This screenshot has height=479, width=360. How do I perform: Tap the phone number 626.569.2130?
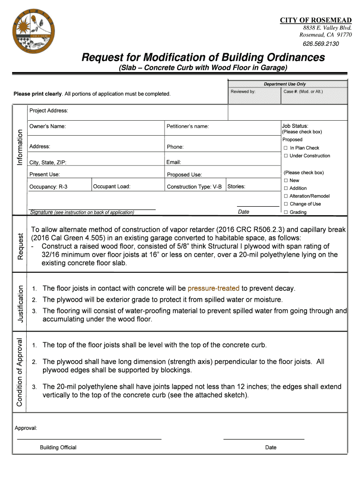(321, 44)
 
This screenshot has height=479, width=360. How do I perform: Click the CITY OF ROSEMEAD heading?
(316, 20)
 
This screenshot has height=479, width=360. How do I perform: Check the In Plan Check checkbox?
(285, 148)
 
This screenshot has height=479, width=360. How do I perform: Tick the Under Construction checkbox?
(285, 156)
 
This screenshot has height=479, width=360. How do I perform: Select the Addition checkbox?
(285, 189)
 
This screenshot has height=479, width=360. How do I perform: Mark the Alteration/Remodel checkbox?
(285, 196)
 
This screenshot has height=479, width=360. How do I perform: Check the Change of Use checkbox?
(285, 204)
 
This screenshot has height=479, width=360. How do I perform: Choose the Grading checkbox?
(285, 212)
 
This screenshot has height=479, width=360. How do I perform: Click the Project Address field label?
(49, 111)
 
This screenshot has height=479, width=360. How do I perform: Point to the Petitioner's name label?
(187, 126)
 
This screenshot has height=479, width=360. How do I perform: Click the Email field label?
(173, 162)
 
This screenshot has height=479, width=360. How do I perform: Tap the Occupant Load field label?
(111, 187)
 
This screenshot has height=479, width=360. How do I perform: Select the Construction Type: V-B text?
(194, 187)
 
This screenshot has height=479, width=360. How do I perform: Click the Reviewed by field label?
(243, 91)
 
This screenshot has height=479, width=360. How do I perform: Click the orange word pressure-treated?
(214, 288)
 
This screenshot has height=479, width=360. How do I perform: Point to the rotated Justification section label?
(21, 303)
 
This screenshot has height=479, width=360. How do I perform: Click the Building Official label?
(58, 447)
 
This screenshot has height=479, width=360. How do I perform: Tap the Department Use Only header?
(285, 84)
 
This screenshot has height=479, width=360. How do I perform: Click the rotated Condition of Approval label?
(21, 372)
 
